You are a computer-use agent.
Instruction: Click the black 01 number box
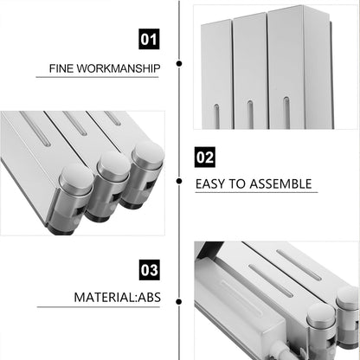coord(149,39)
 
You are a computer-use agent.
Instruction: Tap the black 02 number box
coord(205,157)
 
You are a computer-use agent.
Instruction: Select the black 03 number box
coord(149,270)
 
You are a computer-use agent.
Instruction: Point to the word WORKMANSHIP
coord(119,68)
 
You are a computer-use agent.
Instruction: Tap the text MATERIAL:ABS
coord(118,298)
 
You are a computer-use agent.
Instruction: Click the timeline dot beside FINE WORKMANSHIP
coord(179,63)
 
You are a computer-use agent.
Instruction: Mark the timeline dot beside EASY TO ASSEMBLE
coord(179,181)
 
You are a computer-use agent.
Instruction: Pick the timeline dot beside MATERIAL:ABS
coord(179,302)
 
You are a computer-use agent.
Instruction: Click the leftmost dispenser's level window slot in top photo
coord(216,116)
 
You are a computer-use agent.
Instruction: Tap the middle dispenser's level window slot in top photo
coord(250,114)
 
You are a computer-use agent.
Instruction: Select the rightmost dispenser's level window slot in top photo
coord(286,112)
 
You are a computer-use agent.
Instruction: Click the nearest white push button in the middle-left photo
coord(77,179)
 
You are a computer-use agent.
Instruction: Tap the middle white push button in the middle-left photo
coord(113,165)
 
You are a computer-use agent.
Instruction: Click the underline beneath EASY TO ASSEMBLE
coord(256,192)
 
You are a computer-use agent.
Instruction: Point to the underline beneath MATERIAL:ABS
coord(99,307)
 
